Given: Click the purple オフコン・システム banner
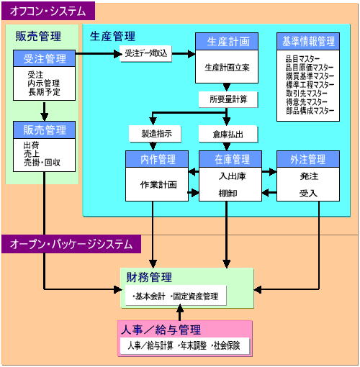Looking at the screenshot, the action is click(48, 11).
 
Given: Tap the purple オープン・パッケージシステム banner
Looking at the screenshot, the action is click(71, 244).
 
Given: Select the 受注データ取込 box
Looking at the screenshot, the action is click(145, 53).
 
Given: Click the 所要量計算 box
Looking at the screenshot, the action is click(228, 99).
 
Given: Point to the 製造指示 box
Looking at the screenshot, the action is click(155, 134).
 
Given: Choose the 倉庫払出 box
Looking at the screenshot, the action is click(228, 134).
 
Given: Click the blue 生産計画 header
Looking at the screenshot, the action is click(227, 42).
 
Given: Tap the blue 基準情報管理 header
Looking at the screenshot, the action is click(308, 42).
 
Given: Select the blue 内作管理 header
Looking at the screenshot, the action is click(157, 159).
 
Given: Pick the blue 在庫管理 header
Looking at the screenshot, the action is click(230, 159).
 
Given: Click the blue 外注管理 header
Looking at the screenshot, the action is click(308, 159).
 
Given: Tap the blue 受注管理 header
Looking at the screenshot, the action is click(44, 58).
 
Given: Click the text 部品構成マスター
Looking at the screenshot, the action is click(310, 111).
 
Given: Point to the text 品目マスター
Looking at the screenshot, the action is click(302, 59).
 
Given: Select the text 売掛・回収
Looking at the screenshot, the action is click(42, 163).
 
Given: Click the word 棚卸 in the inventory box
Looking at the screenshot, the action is click(228, 193).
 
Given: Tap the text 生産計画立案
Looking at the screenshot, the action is click(227, 68).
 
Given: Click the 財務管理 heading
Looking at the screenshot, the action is click(149, 277).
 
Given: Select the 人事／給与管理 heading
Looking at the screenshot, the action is click(161, 330).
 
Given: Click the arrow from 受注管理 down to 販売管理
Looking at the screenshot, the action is click(44, 112).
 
